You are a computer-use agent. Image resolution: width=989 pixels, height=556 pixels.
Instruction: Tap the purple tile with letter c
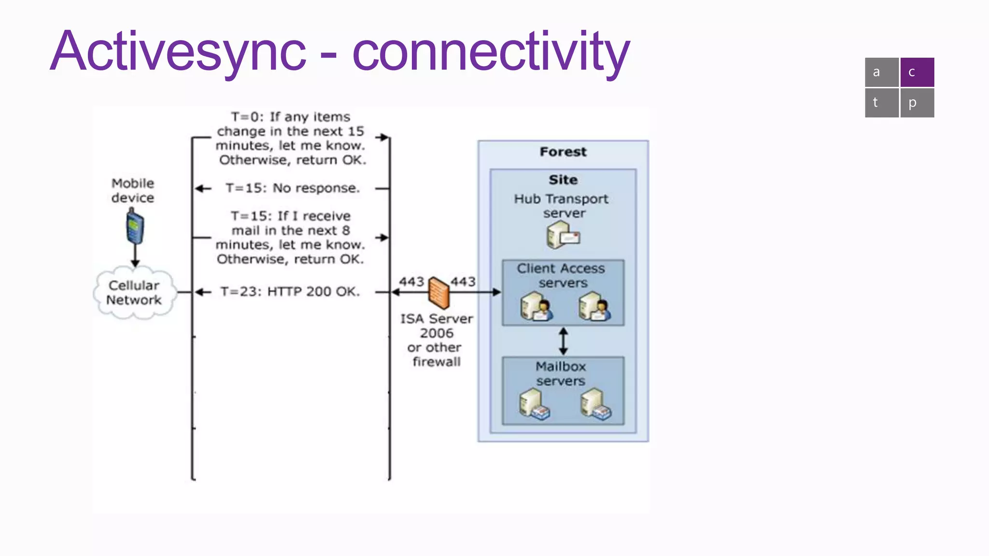917,72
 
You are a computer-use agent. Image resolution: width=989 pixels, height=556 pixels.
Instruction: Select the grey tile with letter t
881,102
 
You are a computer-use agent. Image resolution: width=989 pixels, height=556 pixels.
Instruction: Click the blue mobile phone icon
135,227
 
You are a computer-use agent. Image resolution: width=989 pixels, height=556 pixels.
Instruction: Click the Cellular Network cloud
134,293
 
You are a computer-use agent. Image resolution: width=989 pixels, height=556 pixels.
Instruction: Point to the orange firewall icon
438,292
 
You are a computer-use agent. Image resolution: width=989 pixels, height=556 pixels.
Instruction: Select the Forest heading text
563,152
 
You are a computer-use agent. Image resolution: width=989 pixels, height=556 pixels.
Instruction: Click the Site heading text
563,180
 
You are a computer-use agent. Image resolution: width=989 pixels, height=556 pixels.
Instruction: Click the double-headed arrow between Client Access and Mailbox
563,341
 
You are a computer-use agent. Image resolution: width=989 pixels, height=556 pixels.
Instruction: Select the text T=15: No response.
292,188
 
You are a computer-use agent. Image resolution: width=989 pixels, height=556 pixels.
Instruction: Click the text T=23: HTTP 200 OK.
290,292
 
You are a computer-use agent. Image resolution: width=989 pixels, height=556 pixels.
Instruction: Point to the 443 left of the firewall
411,281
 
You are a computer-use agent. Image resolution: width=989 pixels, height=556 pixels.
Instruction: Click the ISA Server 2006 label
437,326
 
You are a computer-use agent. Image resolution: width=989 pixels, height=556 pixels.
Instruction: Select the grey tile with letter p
917,102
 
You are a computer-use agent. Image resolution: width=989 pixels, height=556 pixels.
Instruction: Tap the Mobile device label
133,190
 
